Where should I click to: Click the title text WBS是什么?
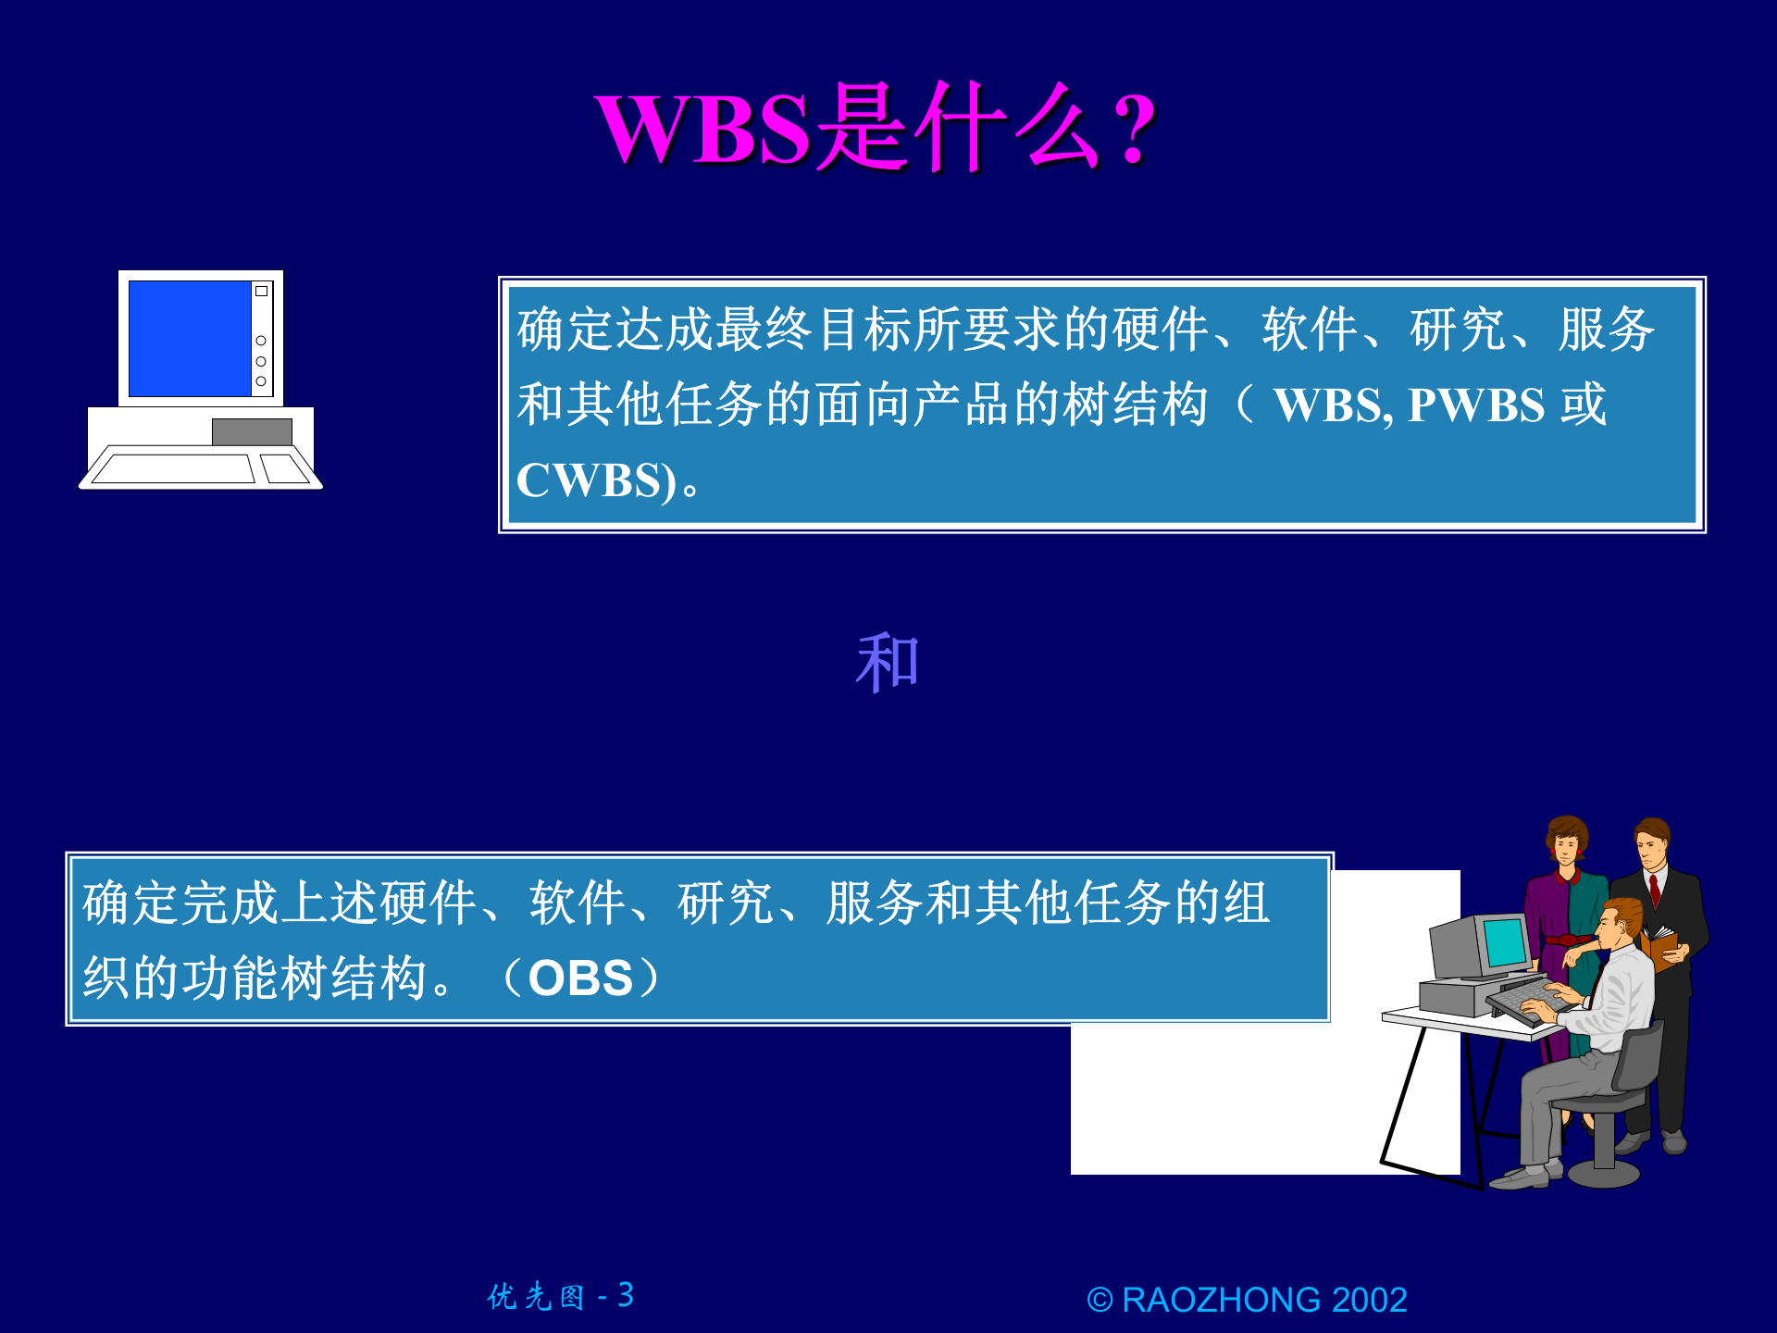[x=875, y=128]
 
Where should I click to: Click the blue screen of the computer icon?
[x=190, y=339]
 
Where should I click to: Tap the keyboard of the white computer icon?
[x=173, y=468]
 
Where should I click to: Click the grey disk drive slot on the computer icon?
[x=252, y=431]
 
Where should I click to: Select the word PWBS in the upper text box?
[x=1476, y=405]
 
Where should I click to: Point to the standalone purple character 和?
[x=888, y=663]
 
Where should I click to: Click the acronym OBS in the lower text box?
[x=580, y=978]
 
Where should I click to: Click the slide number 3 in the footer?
[x=626, y=1295]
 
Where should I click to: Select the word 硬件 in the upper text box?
[x=1161, y=330]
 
